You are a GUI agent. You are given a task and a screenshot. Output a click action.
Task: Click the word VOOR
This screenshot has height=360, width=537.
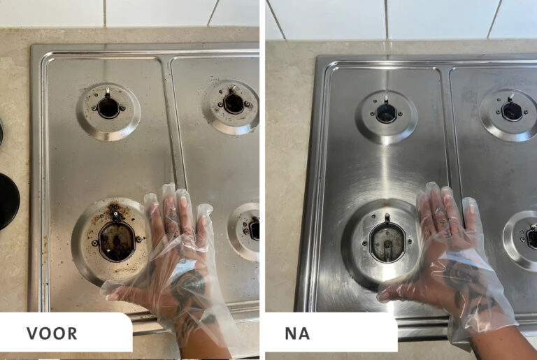(x=52, y=333)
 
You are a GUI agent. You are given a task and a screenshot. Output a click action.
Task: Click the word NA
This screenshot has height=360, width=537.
(x=297, y=333)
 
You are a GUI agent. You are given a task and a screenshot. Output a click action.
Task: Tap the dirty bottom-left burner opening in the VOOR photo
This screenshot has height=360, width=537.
(x=117, y=240)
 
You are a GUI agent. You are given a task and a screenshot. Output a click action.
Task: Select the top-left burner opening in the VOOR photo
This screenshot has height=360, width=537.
(x=108, y=107)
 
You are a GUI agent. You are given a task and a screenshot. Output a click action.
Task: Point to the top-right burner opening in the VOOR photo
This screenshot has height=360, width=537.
(x=234, y=103)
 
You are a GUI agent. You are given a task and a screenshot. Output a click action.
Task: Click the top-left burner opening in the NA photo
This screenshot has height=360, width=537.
(x=386, y=113)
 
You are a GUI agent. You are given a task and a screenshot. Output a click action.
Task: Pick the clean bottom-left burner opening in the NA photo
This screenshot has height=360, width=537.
(x=387, y=242)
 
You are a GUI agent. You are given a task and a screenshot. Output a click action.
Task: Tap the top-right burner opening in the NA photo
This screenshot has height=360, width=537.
(x=512, y=111)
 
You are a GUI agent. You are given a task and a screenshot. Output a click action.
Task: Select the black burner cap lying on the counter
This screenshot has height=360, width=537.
(x=8, y=201)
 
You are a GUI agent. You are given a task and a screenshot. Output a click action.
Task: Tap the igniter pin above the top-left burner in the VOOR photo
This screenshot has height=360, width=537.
(x=108, y=92)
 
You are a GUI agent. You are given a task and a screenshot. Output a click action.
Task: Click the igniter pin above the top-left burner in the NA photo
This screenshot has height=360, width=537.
(x=386, y=98)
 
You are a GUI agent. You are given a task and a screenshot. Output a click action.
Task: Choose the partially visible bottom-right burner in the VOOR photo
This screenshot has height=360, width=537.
(x=245, y=231)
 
